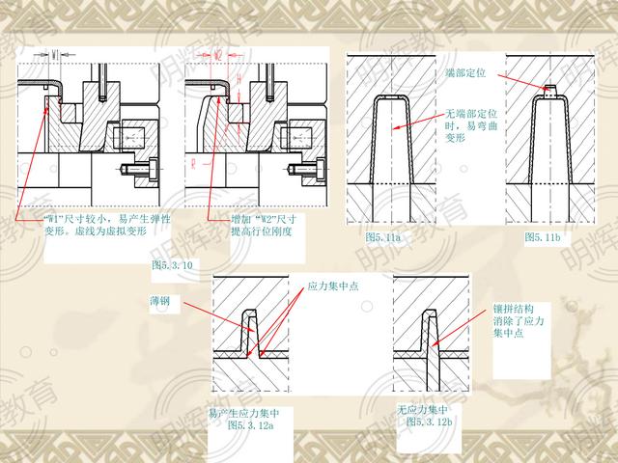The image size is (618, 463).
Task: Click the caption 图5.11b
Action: click(543, 236)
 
